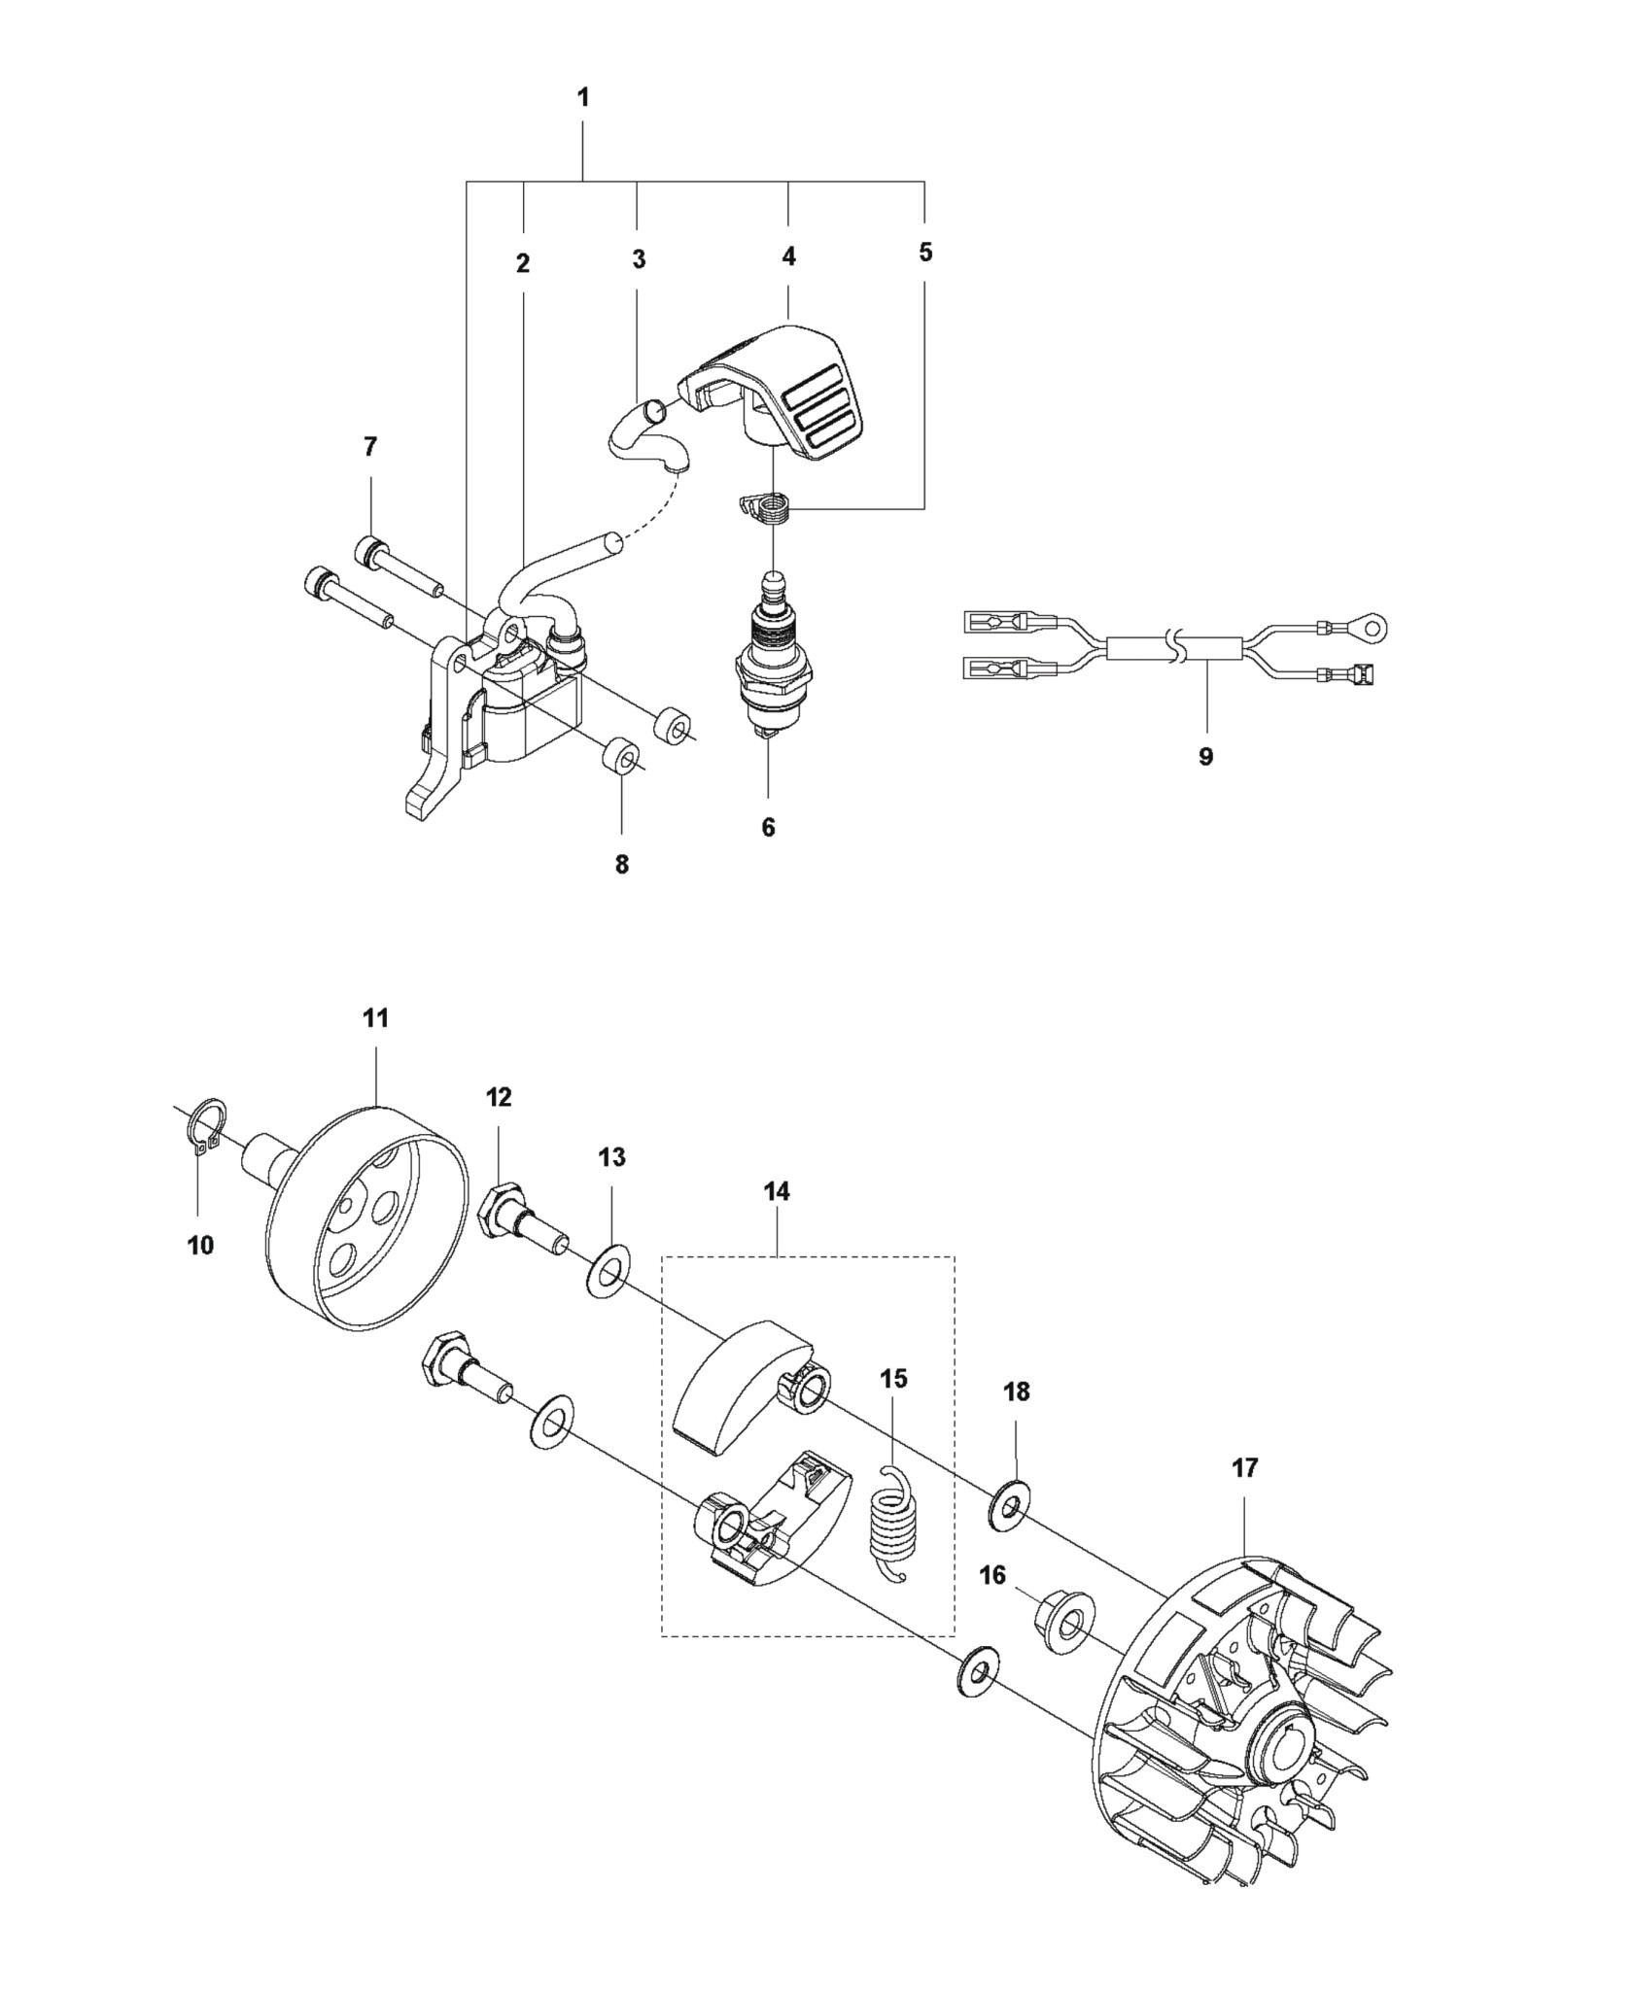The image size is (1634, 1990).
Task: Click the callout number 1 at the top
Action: tap(583, 98)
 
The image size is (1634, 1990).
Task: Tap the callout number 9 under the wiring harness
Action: tap(1205, 757)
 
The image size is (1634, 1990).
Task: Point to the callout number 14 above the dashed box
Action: tap(777, 1191)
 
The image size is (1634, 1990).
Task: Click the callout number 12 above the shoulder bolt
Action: tap(499, 1097)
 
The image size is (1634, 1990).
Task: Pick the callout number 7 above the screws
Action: tap(369, 447)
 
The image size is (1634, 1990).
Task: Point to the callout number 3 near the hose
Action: tap(639, 259)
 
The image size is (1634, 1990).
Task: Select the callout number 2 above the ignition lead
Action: tap(523, 263)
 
